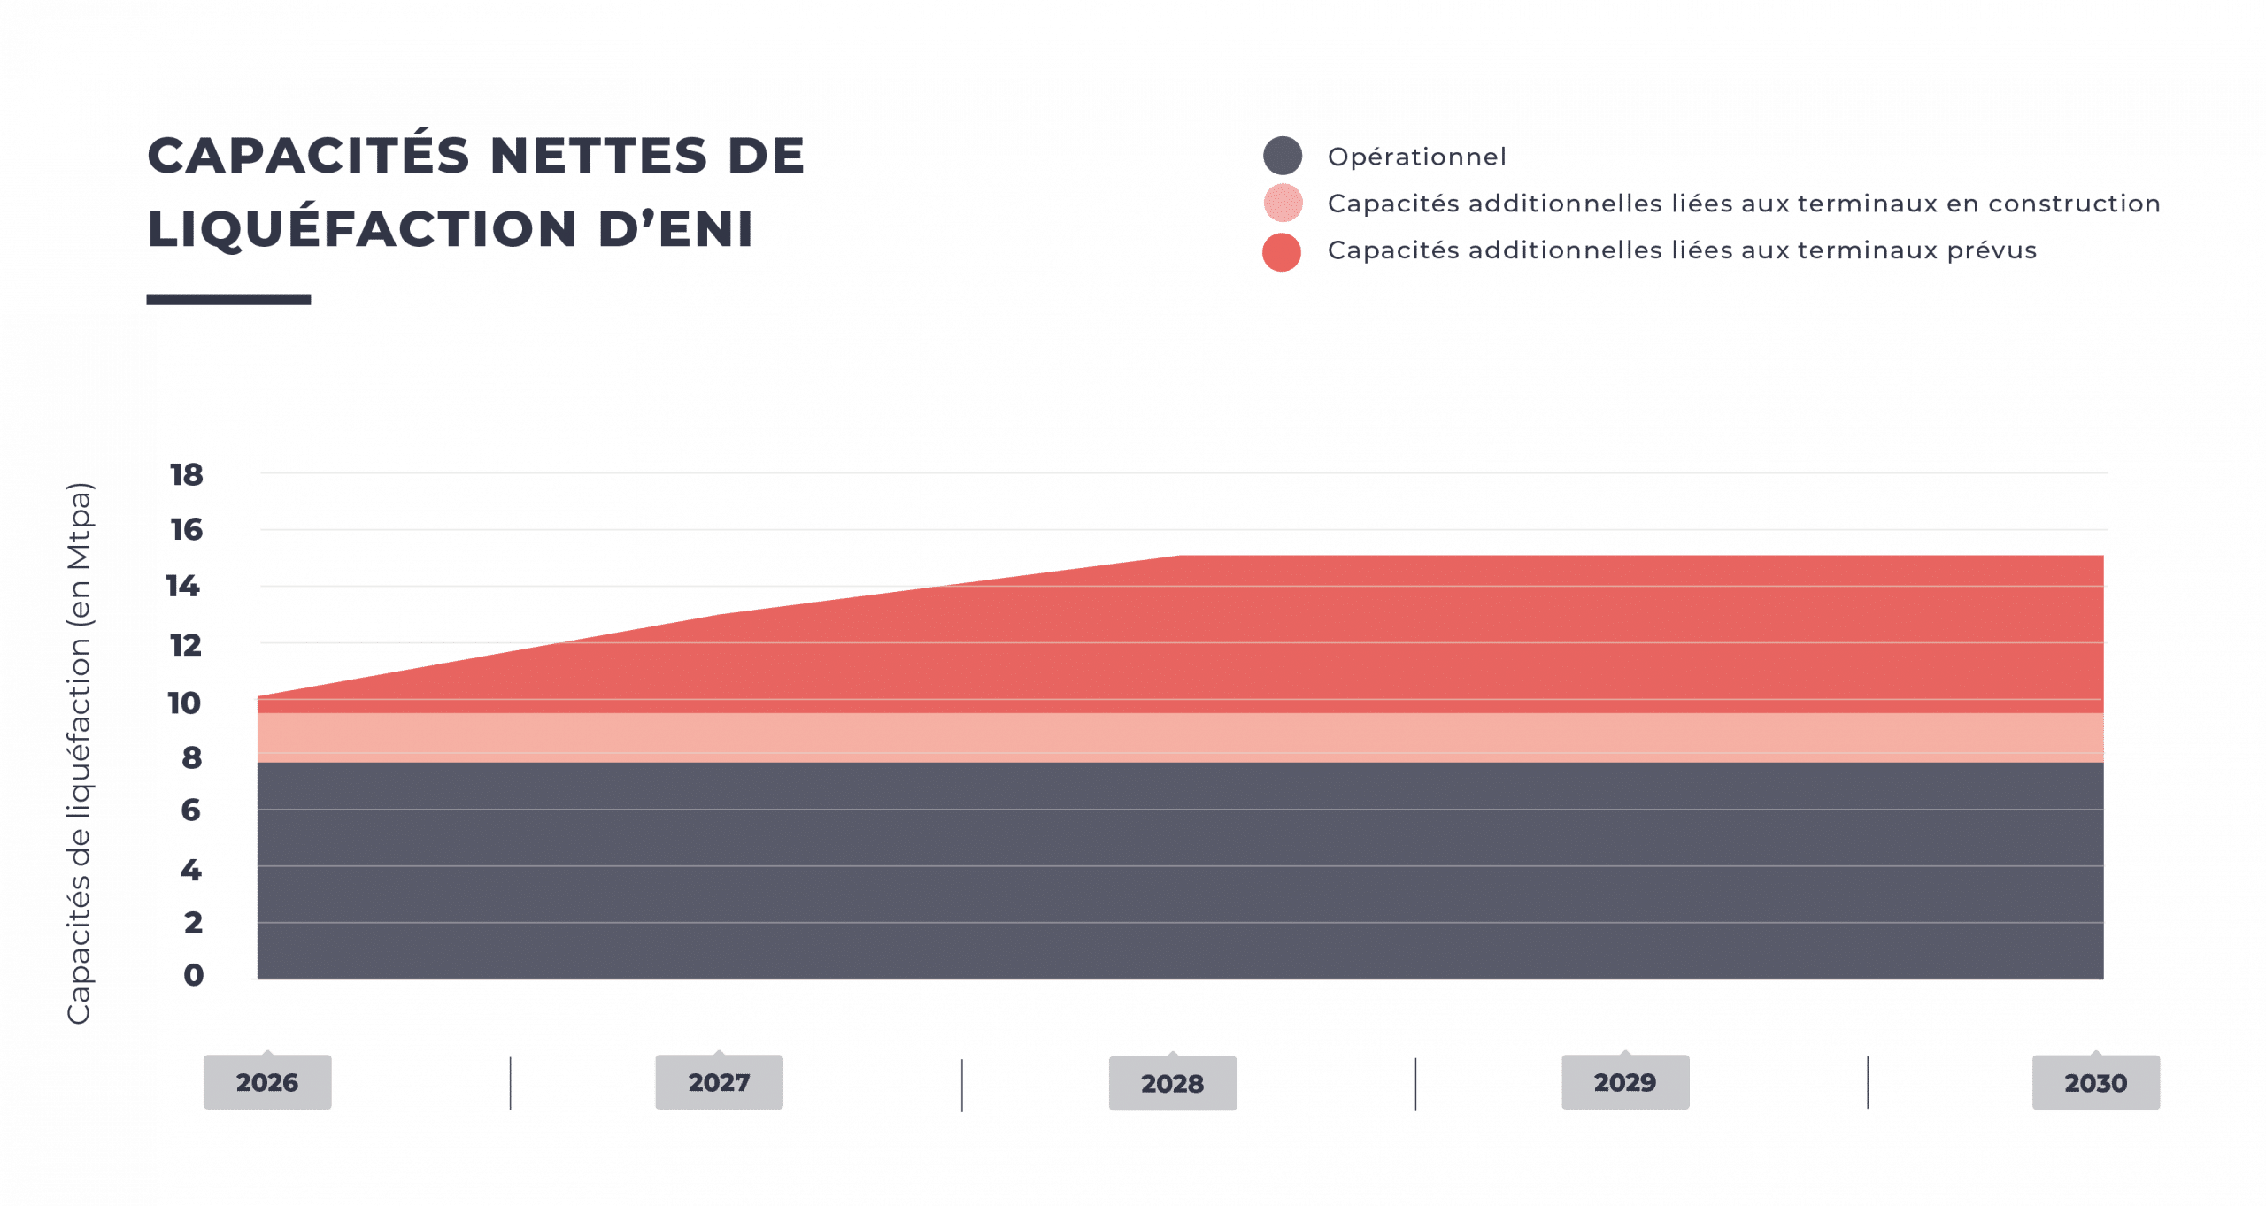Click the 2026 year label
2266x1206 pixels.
tap(267, 1082)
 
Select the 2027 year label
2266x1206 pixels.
tap(719, 1082)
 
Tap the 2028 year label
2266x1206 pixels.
tap(1172, 1083)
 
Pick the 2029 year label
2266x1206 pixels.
tap(1625, 1082)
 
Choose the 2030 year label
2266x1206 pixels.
tap(2095, 1083)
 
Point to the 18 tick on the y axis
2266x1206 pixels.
tap(187, 475)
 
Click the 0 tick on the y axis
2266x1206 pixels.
tap(194, 975)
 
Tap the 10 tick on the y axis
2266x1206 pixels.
tap(184, 703)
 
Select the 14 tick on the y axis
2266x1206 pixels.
tap(183, 586)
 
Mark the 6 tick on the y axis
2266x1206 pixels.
tap(191, 810)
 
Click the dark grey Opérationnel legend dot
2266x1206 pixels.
tap(1283, 156)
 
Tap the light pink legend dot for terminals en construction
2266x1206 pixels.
tap(1283, 203)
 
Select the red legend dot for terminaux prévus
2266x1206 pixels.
tap(1282, 252)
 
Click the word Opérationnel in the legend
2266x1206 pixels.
tap(1416, 157)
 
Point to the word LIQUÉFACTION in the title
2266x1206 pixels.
tap(362, 228)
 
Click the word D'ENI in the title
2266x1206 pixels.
tap(675, 229)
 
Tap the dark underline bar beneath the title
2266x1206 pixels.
tap(228, 300)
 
